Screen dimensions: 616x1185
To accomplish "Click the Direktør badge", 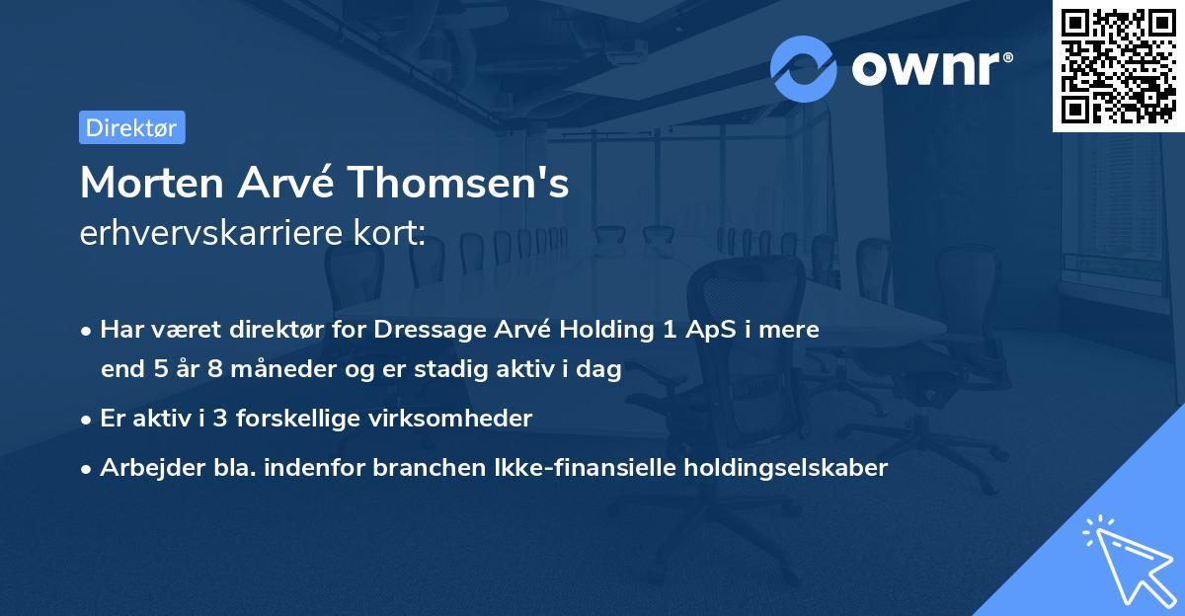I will [x=131, y=127].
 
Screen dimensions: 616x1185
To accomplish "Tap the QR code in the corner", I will [x=1118, y=66].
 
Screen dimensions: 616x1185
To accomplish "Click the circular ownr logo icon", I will [x=804, y=68].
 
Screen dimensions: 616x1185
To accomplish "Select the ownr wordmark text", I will [x=929, y=69].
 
